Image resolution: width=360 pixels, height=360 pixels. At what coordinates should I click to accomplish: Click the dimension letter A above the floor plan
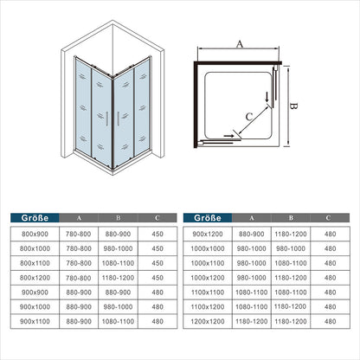point(240,44)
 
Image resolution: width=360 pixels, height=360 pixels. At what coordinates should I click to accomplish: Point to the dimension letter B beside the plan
point(293,106)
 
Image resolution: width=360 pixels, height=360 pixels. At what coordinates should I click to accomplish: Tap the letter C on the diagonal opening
point(249,117)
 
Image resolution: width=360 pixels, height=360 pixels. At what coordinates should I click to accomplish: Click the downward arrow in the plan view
point(267,98)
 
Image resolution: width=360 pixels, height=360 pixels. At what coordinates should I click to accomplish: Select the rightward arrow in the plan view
point(228,135)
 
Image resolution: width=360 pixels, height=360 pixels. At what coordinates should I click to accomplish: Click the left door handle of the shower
point(107,119)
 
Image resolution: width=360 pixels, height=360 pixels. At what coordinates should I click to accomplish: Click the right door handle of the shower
point(118,119)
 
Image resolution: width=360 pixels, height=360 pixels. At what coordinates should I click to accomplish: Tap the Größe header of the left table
point(35,218)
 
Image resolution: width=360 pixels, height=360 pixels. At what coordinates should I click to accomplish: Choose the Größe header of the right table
point(208,218)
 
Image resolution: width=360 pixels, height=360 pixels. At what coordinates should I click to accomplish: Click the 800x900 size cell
point(35,234)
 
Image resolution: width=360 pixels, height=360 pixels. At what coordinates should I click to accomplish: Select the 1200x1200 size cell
point(208,321)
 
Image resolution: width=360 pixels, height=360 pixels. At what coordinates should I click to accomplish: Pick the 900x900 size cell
point(35,292)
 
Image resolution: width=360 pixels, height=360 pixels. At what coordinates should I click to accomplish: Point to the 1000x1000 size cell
point(208,248)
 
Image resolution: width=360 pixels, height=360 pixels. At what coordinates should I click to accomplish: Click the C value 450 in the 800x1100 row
point(157,263)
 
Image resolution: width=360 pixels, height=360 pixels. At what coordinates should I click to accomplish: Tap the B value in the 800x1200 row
point(118,278)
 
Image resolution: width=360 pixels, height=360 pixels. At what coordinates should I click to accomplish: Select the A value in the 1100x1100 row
point(252,292)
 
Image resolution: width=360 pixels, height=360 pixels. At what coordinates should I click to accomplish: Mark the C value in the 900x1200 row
point(330,234)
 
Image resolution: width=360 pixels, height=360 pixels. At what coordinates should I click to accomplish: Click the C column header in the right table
point(328,218)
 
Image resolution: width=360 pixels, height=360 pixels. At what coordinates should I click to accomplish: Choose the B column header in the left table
point(119,218)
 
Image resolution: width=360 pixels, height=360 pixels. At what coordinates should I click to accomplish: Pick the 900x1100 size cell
point(35,321)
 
